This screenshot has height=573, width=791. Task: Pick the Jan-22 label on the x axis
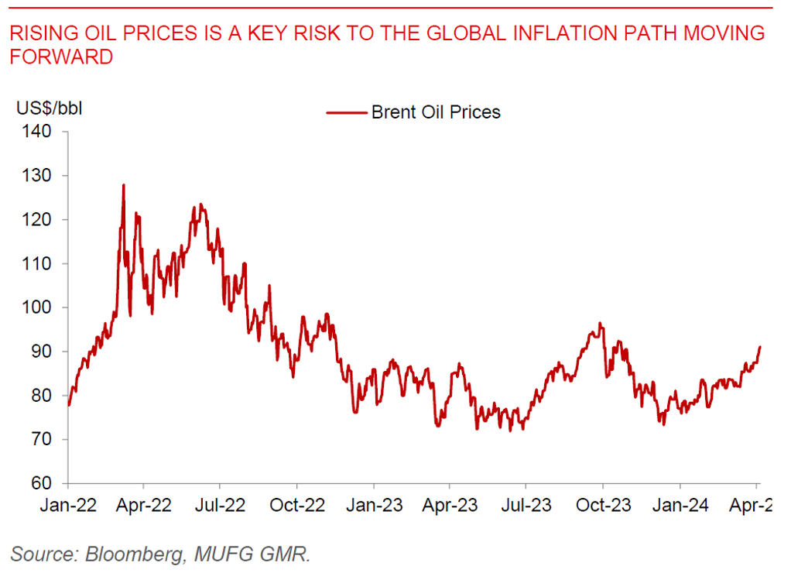68,506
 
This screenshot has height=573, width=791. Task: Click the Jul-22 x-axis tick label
221,506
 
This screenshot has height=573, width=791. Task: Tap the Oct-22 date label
298,506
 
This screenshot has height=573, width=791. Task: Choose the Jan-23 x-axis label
374,506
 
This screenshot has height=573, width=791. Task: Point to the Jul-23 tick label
526,506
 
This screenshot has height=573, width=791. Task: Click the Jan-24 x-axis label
680,506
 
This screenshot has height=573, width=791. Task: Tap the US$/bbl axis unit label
50,108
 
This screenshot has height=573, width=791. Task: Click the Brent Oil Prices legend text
436,112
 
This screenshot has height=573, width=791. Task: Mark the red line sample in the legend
346,112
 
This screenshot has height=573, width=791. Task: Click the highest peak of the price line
123,185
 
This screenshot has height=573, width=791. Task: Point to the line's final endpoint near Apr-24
760,347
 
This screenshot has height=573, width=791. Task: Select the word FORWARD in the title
62,57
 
